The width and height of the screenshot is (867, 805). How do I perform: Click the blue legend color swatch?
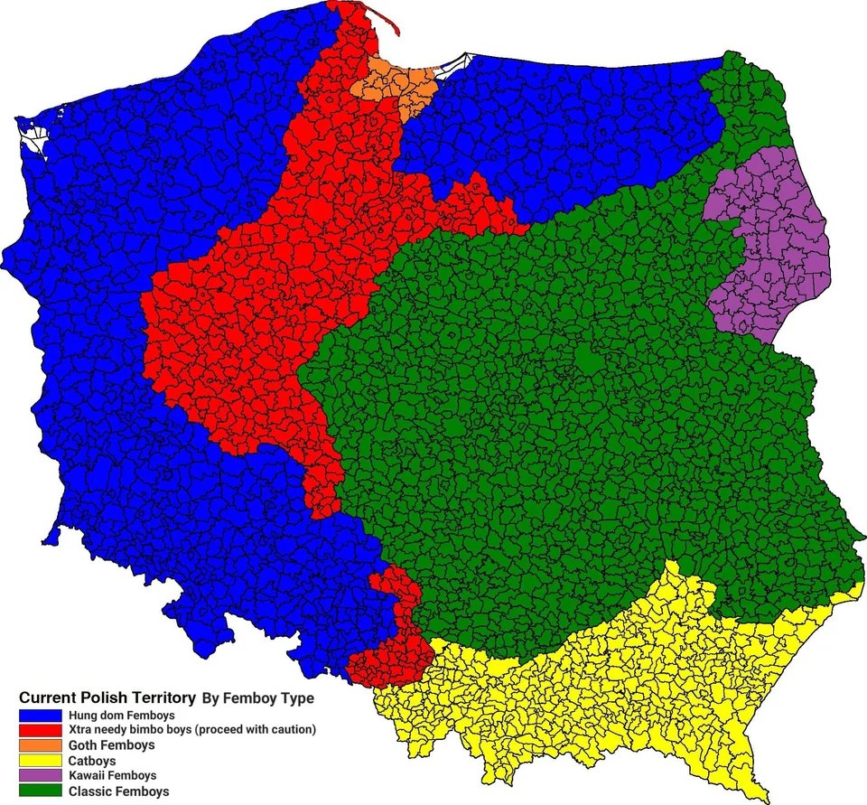click(40, 715)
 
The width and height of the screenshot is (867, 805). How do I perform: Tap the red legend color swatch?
click(40, 730)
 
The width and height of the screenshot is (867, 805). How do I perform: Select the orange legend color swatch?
click(40, 745)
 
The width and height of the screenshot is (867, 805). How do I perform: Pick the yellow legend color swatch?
click(40, 761)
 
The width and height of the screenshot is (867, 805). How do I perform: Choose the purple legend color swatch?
click(40, 775)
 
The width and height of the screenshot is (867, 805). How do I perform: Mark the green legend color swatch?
click(40, 791)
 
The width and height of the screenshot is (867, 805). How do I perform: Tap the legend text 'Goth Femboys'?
click(111, 745)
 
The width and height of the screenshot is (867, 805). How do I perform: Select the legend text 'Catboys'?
click(91, 761)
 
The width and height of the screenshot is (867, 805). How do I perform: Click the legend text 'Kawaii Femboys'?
click(112, 775)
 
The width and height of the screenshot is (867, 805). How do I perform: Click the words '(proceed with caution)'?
click(256, 729)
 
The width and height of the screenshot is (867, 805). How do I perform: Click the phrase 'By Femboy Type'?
click(257, 698)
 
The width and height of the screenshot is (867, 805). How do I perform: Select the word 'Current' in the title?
click(48, 697)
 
